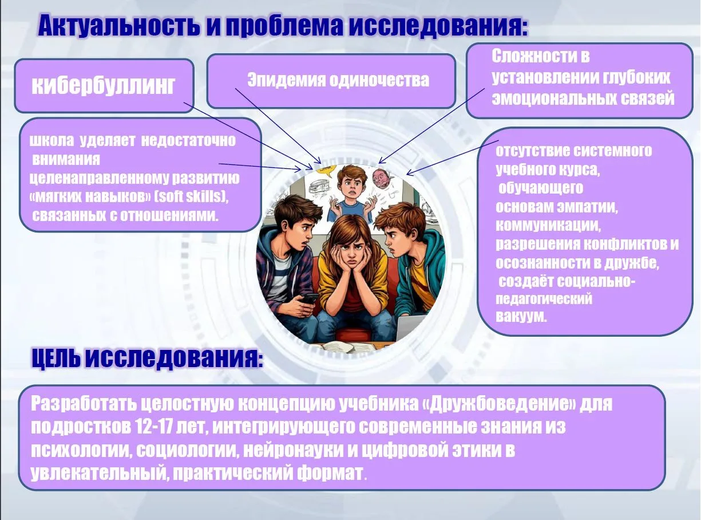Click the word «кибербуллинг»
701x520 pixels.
(104, 85)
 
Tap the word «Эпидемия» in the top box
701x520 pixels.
(286, 80)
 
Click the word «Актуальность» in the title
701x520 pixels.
(118, 25)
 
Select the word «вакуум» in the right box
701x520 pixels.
(520, 316)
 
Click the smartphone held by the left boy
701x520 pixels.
(308, 298)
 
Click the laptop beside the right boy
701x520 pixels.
(410, 328)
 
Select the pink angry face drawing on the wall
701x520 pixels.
(382, 179)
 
